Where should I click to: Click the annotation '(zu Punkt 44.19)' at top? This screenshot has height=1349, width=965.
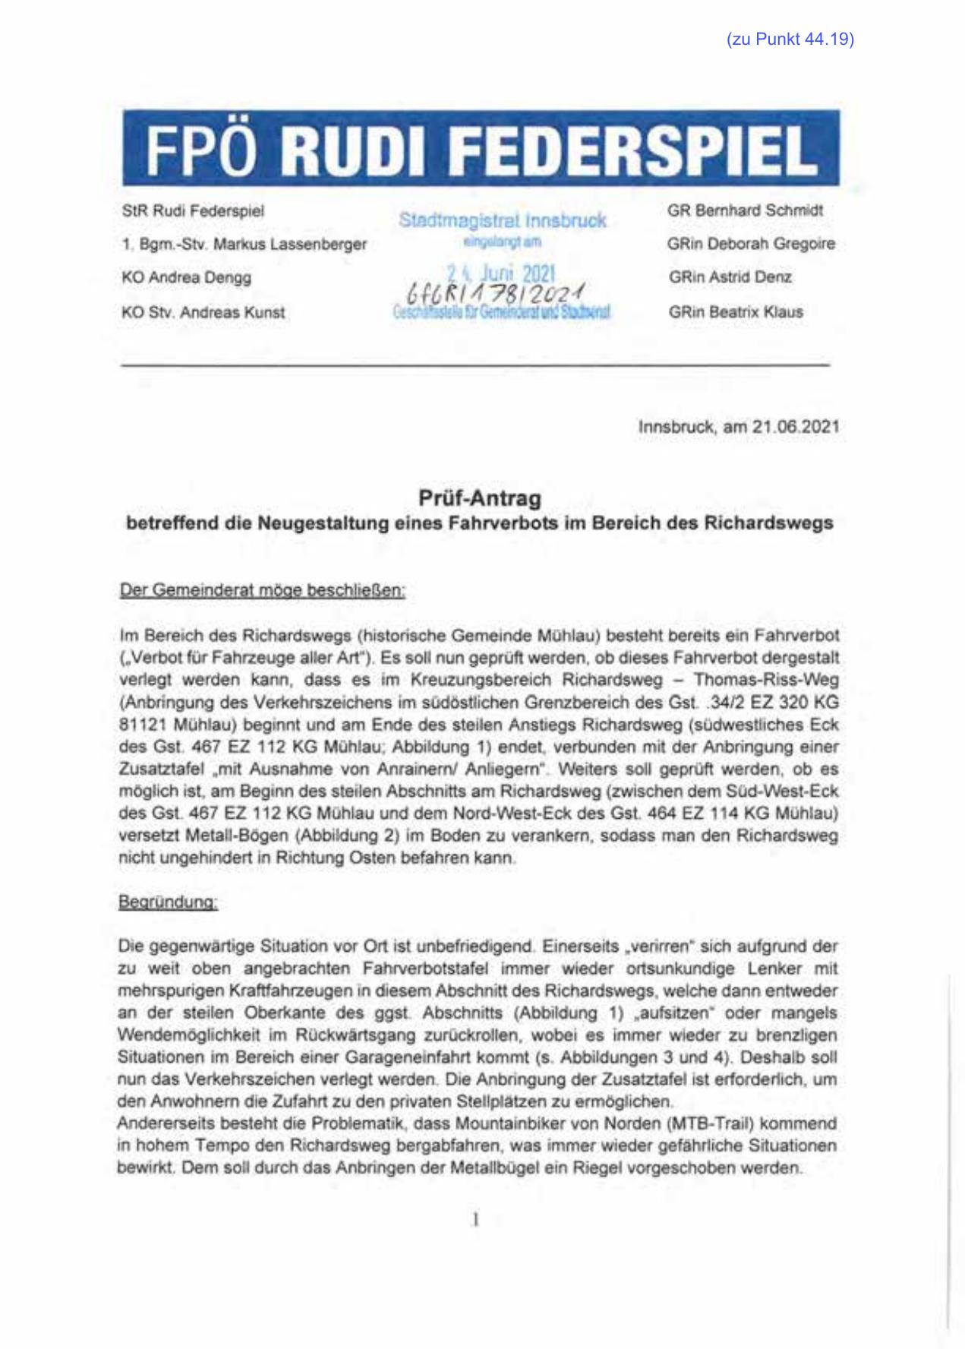click(790, 40)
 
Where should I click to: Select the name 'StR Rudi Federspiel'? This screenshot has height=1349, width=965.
click(193, 210)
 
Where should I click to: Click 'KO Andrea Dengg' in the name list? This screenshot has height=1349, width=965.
click(186, 278)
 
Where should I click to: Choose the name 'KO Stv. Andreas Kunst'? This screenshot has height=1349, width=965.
click(203, 312)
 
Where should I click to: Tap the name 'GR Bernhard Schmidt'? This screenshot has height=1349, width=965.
click(745, 210)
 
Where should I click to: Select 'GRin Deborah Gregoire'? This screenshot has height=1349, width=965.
click(751, 245)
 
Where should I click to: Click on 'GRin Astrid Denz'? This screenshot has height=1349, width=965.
click(730, 278)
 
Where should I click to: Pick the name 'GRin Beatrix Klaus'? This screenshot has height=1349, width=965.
click(736, 312)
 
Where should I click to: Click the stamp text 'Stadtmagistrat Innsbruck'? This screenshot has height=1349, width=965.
click(502, 221)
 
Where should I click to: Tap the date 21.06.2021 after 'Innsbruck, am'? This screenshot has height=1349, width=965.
click(796, 427)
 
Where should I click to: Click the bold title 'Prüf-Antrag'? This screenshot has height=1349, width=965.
click(480, 499)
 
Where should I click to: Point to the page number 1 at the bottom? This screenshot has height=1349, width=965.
click(476, 1221)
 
